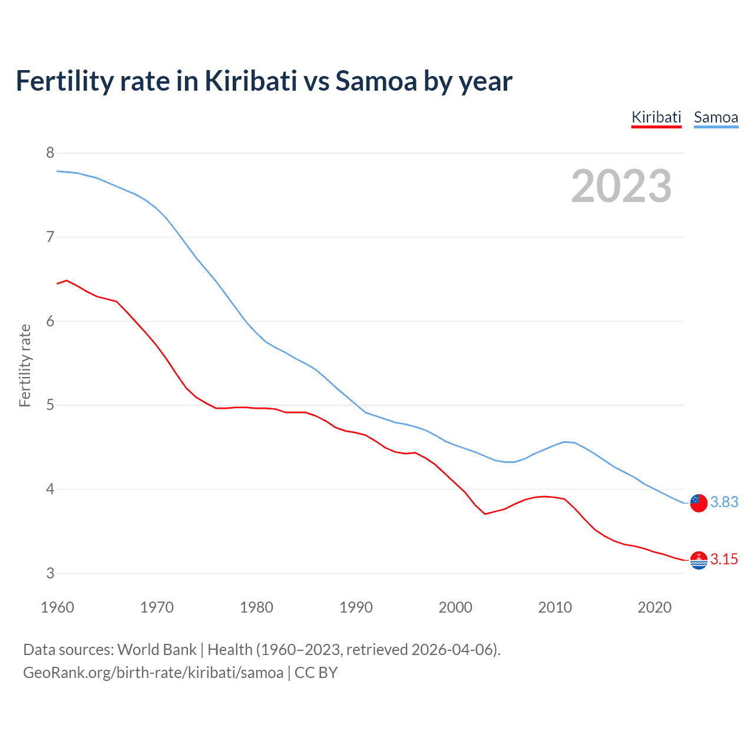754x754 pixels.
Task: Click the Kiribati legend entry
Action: [x=656, y=117]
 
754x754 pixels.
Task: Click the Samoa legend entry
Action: [x=716, y=117]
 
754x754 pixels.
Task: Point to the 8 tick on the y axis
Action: [x=50, y=153]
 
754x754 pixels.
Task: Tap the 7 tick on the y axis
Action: [x=50, y=237]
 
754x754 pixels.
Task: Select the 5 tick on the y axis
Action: [x=50, y=405]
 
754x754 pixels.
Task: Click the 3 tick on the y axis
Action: [x=50, y=573]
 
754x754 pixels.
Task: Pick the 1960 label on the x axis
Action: [x=57, y=607]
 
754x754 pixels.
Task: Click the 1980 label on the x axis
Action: [x=256, y=607]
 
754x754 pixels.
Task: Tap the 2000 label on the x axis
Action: [x=455, y=607]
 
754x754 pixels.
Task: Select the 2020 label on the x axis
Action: [x=654, y=607]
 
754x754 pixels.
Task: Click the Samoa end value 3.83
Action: [x=724, y=502]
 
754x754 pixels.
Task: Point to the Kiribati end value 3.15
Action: [x=724, y=559]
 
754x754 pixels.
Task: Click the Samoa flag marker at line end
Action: [x=699, y=503]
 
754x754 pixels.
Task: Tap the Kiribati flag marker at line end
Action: [x=699, y=560]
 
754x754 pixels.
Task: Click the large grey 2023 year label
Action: [x=621, y=186]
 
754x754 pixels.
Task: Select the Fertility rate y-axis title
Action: [x=25, y=365]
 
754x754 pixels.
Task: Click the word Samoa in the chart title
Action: [x=376, y=81]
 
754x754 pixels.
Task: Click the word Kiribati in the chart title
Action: [x=250, y=81]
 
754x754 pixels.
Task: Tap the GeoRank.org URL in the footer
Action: [x=153, y=673]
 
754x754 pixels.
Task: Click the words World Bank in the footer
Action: [x=157, y=650]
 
